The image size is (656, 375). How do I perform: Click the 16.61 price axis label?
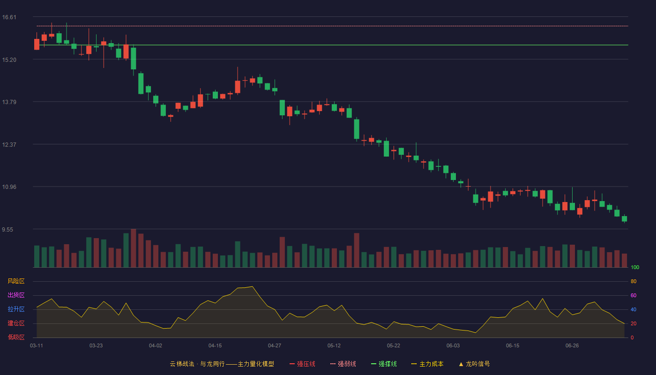point(9,17)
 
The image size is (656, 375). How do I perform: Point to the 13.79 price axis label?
point(9,102)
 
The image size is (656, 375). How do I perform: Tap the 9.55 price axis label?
point(7,229)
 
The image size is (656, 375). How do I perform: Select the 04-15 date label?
point(215,346)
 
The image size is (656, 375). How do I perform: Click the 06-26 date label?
point(572,346)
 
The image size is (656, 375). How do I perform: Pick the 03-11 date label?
point(37,346)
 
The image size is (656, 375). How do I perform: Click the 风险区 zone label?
point(16,281)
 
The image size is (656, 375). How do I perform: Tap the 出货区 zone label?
point(16,295)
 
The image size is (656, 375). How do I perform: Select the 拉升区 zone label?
point(16,309)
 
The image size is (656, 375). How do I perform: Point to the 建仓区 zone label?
point(16,323)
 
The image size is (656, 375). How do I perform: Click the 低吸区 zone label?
point(16,337)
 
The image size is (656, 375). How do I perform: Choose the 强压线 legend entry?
point(302,364)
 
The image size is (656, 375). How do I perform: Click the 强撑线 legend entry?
point(384,364)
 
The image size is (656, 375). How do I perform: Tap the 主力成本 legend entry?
point(427,364)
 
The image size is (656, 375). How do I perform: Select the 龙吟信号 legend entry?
point(474,364)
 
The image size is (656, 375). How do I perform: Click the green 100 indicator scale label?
point(635,267)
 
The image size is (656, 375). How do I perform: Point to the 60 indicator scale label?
point(634,295)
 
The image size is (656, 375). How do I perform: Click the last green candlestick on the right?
point(624,218)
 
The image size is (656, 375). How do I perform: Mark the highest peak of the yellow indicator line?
point(253,286)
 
